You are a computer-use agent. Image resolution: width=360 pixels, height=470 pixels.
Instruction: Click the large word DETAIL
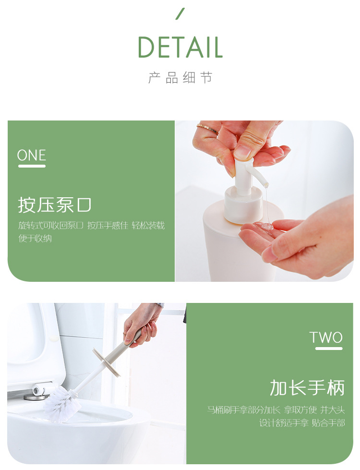pos(180,48)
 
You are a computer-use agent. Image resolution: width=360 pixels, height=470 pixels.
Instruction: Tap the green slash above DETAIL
pos(180,14)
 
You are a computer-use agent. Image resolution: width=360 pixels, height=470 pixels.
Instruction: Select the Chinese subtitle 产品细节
pos(180,78)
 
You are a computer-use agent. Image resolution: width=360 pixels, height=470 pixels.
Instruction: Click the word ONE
pos(32,155)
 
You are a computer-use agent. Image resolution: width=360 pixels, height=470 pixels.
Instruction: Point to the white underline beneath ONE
pos(32,166)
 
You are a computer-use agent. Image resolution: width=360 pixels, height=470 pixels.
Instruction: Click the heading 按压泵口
pos(54,205)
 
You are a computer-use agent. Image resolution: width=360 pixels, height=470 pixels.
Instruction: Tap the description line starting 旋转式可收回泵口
pos(91,226)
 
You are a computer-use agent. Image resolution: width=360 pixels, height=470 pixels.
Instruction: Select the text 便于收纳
pos(35,239)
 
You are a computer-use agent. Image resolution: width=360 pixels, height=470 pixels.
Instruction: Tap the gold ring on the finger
pos(207,129)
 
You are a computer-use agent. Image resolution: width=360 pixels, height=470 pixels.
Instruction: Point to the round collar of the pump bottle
pos(243,205)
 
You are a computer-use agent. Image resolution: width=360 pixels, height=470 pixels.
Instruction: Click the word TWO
pos(326,337)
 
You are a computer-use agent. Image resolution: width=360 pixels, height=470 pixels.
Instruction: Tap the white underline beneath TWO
pos(329,349)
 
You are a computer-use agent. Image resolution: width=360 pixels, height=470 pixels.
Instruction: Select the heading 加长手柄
pos(307,388)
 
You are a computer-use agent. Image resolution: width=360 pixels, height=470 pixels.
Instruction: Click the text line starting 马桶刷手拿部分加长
pos(276,410)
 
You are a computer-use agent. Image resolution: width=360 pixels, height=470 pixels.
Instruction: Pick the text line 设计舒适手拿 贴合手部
pos(302,423)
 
